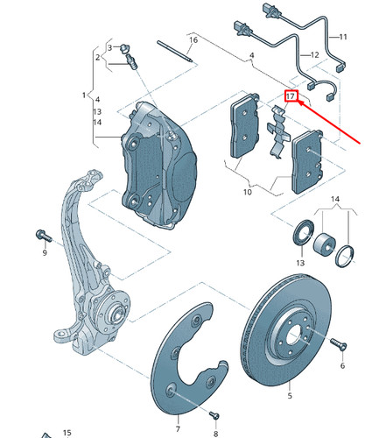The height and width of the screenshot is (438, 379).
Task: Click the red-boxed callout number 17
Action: [291, 95]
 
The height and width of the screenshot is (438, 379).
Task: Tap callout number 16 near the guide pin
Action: [193, 39]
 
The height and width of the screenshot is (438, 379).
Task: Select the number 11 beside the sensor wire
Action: [343, 37]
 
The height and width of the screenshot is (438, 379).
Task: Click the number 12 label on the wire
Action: [314, 55]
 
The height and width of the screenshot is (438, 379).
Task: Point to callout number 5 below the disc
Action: [290, 396]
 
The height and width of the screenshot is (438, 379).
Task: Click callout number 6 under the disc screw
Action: [342, 365]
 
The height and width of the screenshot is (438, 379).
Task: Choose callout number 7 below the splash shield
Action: [178, 428]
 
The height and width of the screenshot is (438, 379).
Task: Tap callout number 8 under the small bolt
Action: [215, 434]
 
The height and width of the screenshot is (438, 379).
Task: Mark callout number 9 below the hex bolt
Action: [45, 252]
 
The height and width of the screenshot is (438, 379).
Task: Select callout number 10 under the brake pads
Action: [247, 192]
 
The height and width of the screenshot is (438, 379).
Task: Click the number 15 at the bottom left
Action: [67, 433]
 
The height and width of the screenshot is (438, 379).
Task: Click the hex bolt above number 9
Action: [44, 236]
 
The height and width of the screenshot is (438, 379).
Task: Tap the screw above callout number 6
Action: [339, 344]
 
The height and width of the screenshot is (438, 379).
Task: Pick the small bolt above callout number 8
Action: [214, 414]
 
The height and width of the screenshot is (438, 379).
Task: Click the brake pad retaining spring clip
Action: [278, 131]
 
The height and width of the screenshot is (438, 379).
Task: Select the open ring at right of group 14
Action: [345, 257]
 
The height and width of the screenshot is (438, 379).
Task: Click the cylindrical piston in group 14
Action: [324, 243]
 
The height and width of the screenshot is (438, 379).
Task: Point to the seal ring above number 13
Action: [304, 233]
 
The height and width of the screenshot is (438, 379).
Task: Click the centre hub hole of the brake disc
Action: [292, 336]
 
